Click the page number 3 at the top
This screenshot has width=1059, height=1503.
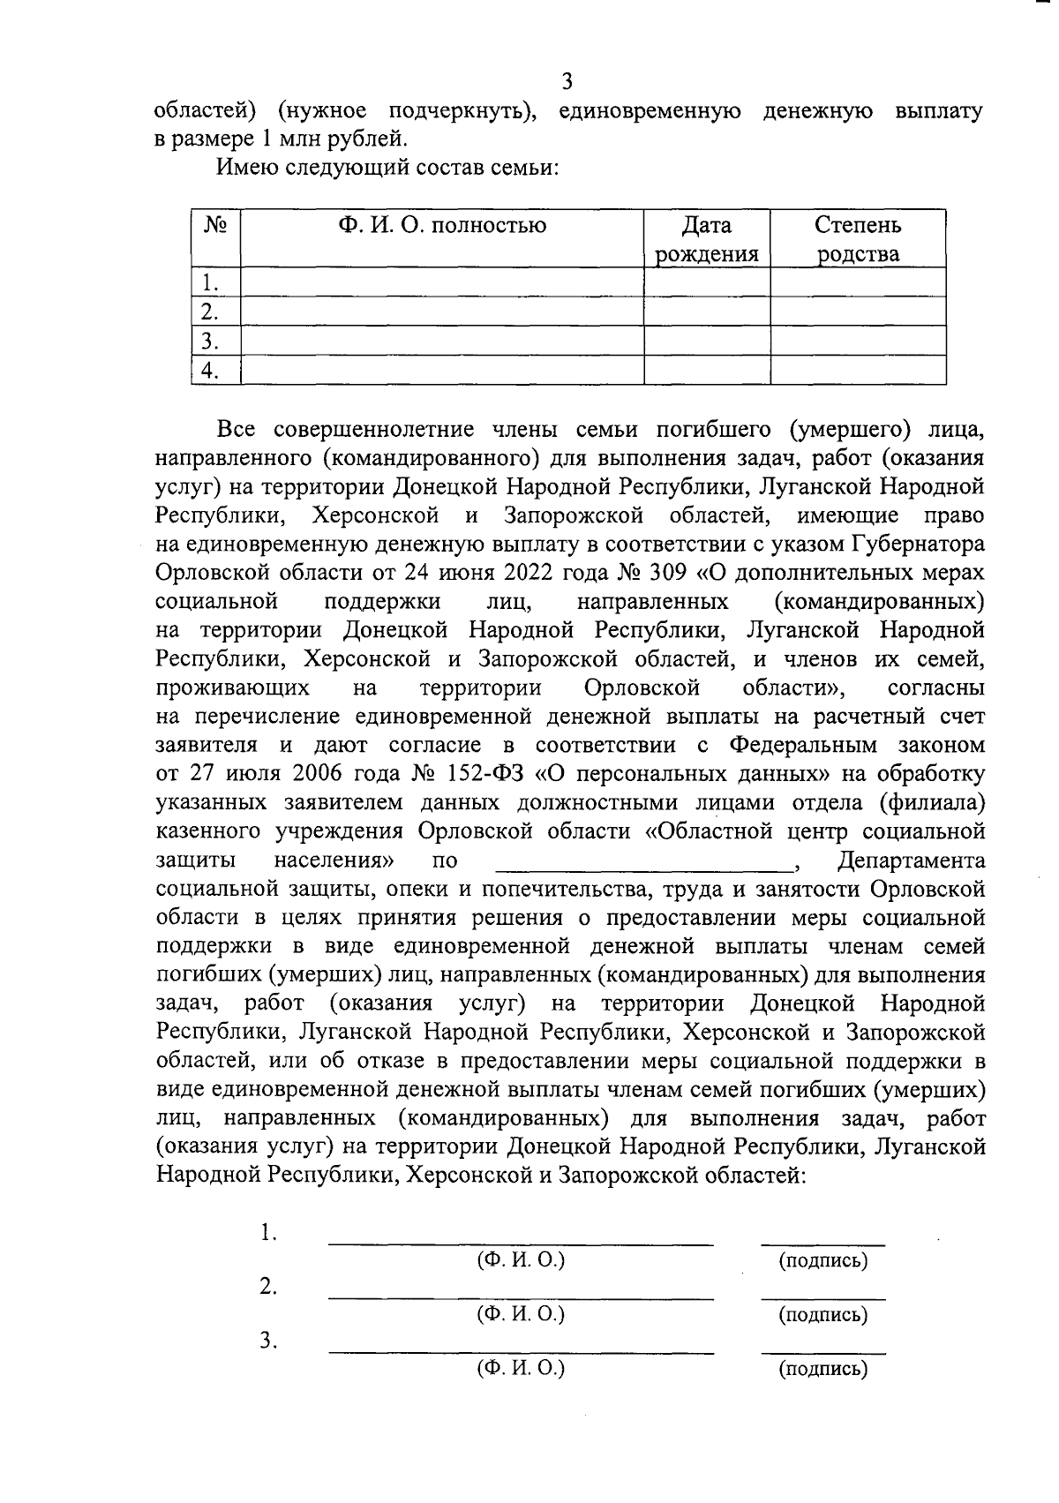567,82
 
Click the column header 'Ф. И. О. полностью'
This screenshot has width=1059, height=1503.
441,226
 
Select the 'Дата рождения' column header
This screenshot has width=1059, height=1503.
706,240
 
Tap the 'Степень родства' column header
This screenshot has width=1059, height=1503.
858,240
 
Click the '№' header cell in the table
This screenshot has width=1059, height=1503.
216,226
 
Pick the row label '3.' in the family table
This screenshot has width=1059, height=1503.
209,341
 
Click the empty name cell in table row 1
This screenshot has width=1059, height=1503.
441,283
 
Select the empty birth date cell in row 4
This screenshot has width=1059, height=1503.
706,370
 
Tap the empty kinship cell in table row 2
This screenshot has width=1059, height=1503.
858,312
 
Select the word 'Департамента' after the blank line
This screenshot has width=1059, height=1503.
911,860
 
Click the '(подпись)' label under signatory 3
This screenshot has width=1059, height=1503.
822,1369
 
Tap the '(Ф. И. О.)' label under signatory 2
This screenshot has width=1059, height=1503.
521,1314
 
